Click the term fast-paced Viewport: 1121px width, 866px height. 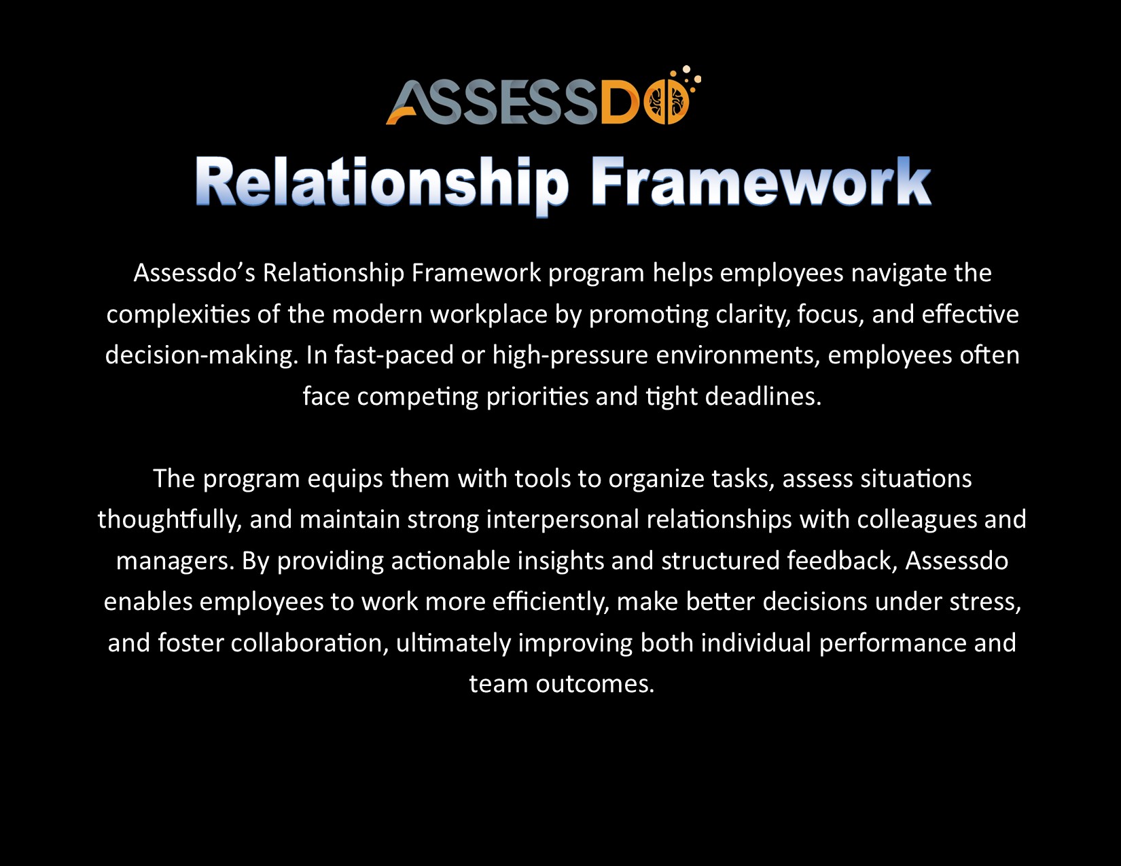click(393, 355)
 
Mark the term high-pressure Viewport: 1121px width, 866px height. click(570, 355)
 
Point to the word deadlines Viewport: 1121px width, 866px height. click(763, 397)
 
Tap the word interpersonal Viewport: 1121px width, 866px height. click(563, 520)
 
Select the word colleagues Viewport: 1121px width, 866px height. click(917, 520)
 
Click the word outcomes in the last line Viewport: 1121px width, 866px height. click(594, 685)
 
